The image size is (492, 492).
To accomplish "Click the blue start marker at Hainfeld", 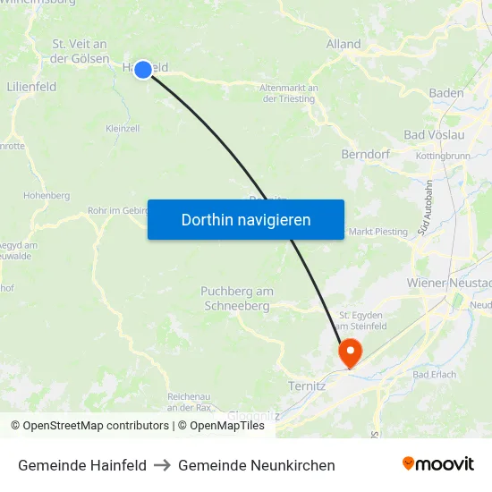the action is (143, 69).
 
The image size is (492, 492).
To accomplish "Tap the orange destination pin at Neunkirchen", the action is (348, 352).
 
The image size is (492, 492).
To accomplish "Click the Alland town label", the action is (344, 44).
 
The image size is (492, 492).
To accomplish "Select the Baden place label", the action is (446, 93).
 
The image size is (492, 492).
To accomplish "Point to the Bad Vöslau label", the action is (435, 135).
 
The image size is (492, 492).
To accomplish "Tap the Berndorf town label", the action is (365, 154).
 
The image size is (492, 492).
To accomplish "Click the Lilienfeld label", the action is (31, 87).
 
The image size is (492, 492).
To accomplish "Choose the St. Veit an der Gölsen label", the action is (80, 51).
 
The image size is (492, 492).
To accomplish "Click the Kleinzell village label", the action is (123, 129).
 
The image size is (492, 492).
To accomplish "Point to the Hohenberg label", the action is (47, 195).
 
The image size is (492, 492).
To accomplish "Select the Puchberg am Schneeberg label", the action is (237, 299).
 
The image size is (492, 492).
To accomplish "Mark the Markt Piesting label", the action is (377, 232).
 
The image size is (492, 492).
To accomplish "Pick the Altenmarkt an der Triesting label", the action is (288, 93).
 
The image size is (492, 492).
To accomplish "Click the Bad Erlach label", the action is (435, 374).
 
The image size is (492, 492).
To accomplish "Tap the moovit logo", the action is (437, 464).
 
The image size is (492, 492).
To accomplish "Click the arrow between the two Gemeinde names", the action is (163, 465).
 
